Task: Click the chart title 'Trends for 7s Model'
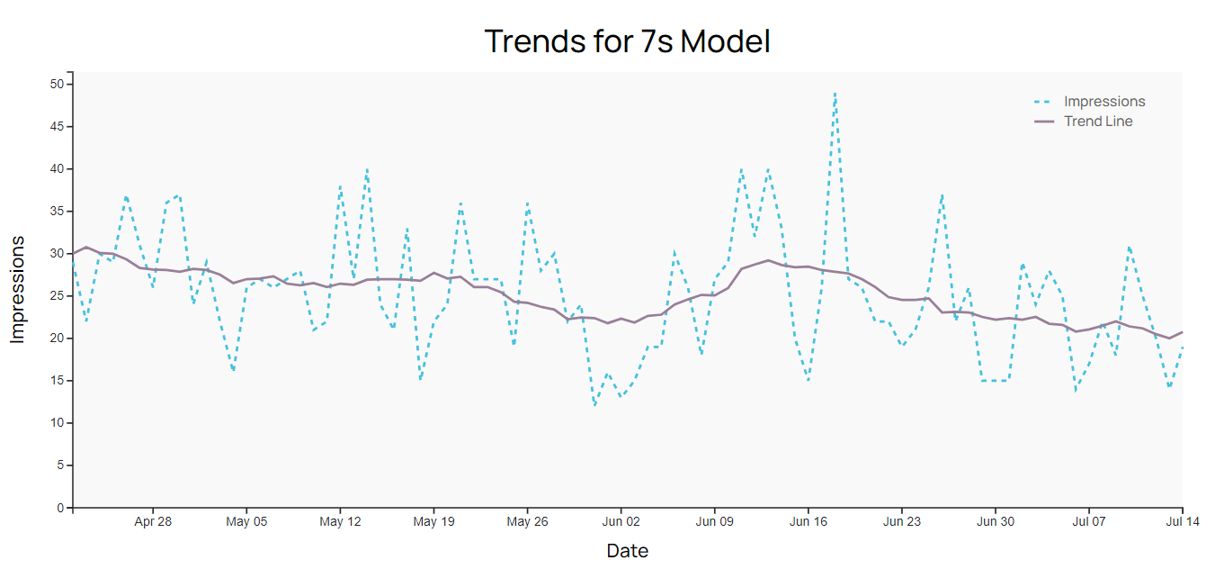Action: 627,41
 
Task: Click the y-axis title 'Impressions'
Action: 18,290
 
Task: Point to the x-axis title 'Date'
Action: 627,551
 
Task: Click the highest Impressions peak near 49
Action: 835,93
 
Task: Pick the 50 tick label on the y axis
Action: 57,85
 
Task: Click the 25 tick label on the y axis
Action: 57,296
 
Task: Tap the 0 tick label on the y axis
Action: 60,508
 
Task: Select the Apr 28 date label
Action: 153,521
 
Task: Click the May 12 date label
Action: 340,521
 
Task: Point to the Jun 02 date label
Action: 621,521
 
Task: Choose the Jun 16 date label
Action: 808,521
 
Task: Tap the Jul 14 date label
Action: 1181,521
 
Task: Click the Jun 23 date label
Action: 901,521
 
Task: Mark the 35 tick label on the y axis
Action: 57,212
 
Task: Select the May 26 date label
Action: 527,521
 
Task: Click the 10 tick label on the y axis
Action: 57,423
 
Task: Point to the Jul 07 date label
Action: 1088,521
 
